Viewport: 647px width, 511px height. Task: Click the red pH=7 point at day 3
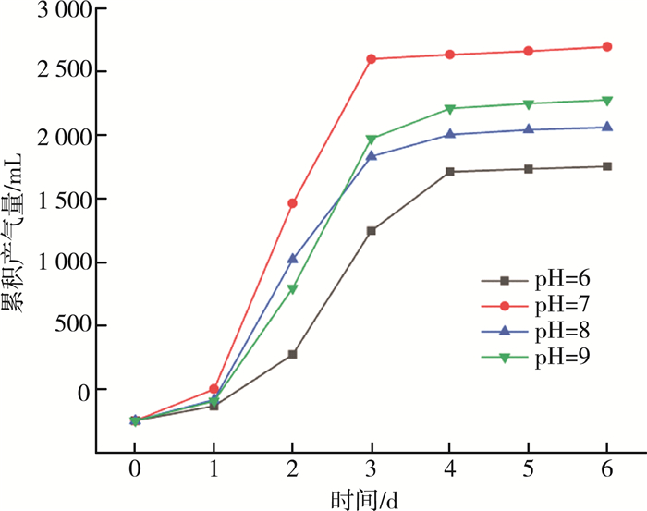click(372, 59)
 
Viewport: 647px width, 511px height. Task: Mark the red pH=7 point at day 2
click(292, 202)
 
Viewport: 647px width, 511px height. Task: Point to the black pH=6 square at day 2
click(292, 354)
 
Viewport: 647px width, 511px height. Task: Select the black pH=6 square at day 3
click(372, 230)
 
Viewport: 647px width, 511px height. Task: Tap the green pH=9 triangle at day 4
click(450, 109)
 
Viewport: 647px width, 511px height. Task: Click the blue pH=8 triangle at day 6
click(607, 127)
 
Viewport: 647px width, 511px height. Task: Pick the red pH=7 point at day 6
click(607, 46)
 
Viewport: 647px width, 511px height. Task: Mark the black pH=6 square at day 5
click(529, 169)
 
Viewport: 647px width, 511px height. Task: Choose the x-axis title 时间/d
click(367, 499)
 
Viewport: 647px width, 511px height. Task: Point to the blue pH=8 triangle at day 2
click(292, 259)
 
